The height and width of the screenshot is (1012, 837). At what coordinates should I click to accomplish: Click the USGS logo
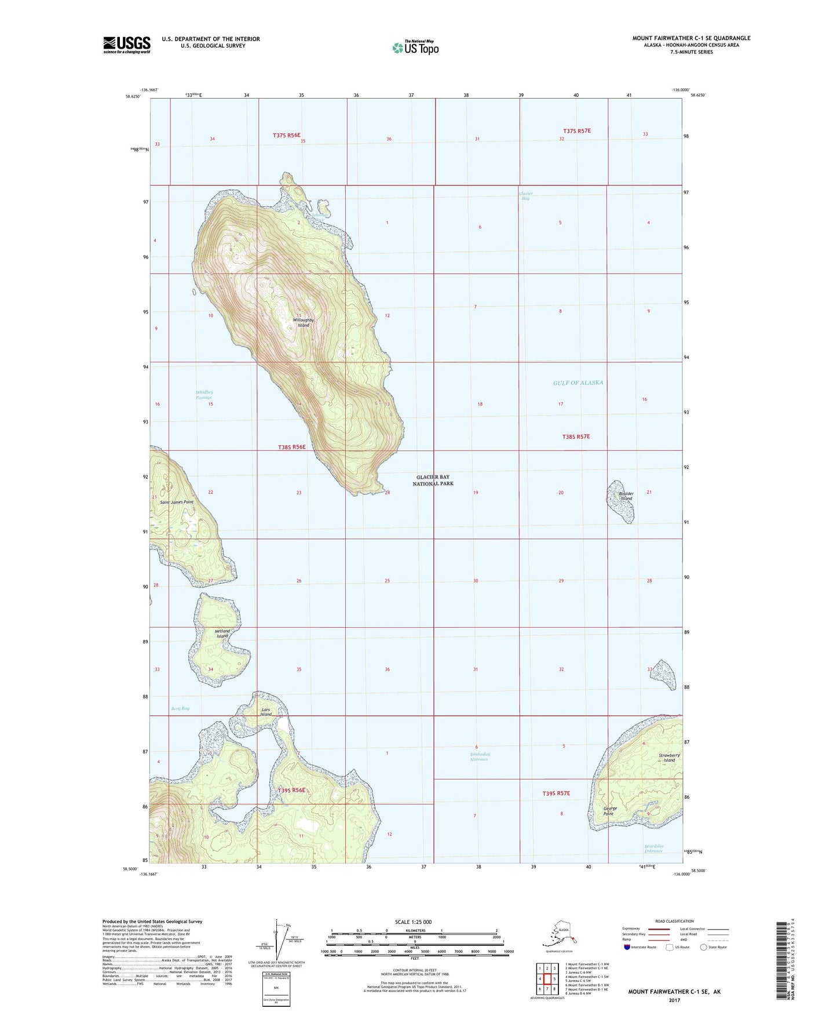click(126, 45)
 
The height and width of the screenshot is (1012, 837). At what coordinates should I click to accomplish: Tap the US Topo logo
click(415, 47)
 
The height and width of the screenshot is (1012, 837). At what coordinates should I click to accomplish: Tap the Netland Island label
click(222, 634)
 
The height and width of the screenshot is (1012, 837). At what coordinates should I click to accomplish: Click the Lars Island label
click(266, 712)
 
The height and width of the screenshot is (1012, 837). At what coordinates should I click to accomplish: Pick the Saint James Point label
click(177, 502)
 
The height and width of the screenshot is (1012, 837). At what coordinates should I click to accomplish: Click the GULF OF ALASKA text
click(578, 383)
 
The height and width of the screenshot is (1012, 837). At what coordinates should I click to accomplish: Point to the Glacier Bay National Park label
click(433, 480)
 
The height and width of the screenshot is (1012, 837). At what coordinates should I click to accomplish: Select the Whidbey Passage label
click(204, 395)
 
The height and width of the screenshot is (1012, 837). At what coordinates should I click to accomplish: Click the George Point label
click(610, 811)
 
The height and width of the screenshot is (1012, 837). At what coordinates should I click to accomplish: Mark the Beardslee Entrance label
click(653, 849)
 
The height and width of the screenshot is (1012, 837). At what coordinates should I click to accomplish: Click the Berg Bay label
click(180, 708)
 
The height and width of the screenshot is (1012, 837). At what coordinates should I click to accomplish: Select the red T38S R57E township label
click(576, 436)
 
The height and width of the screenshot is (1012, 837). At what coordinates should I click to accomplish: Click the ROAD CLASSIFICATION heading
click(674, 921)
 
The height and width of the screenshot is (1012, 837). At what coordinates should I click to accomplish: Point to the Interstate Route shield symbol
click(627, 947)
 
